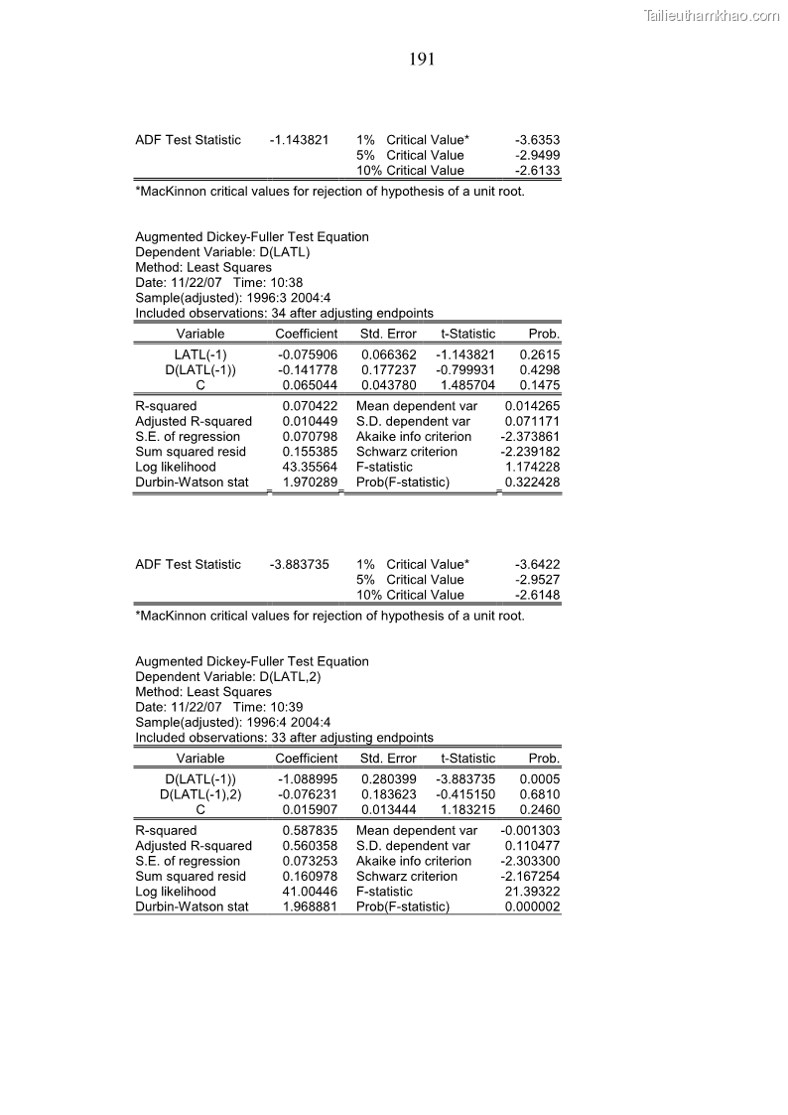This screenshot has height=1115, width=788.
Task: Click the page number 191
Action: click(x=423, y=61)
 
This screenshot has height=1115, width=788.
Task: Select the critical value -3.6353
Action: click(x=537, y=140)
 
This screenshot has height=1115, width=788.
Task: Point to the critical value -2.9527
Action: click(x=537, y=580)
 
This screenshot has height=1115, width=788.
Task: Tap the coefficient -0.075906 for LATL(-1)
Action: click(x=308, y=354)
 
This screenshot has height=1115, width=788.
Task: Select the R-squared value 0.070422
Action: click(x=310, y=406)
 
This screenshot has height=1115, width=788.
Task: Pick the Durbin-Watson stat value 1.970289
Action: click(x=310, y=483)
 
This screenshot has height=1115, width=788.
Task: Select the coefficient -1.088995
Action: click(x=308, y=779)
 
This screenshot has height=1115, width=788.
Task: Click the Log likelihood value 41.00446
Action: click(x=310, y=892)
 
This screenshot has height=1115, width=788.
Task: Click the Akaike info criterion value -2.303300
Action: click(x=530, y=861)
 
